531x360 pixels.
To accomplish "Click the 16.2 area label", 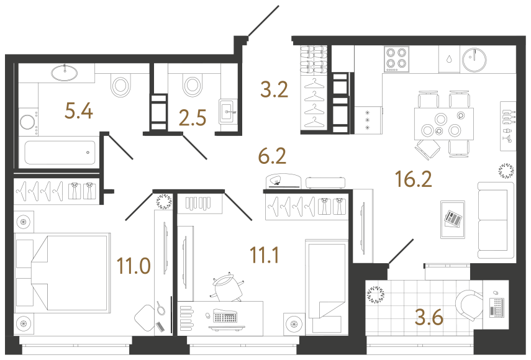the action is pos(414,179).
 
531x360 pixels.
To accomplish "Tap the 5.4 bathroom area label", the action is pos(79,111).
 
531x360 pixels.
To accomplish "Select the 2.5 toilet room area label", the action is pos(193,118).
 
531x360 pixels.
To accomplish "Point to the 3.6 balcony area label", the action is pos(429,318).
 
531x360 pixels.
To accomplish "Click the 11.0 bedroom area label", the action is pos(134,266).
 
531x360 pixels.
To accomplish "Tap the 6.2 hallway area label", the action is pos(272,156).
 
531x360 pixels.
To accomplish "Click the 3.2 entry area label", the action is pos(274,90).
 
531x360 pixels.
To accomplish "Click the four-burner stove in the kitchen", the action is pos(397,59).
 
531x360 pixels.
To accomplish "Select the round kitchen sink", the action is pos(474,60).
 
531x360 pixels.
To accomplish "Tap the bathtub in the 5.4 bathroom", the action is pos(60,153).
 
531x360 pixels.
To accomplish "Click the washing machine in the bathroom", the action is pos(28,122).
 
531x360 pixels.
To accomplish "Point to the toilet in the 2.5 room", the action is pos(192,85).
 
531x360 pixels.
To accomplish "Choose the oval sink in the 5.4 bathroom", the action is pos(65,73).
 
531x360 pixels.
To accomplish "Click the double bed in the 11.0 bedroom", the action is pos(63,272).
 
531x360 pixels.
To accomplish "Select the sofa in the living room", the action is pos(496,220).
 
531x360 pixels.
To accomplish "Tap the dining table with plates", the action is pos(443,124).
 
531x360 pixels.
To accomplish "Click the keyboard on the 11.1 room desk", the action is pos(225,316).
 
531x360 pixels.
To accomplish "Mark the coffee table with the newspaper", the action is pos(453,220).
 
